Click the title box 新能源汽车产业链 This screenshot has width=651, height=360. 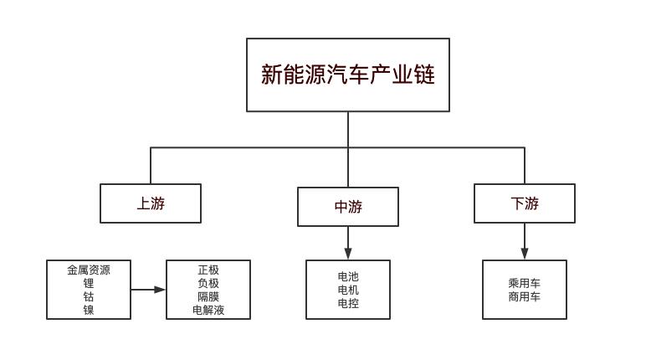pyautogui.click(x=347, y=75)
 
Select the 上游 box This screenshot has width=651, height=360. pyautogui.click(x=151, y=203)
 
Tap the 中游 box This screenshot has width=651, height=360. pyautogui.click(x=348, y=207)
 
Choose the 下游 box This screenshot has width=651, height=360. pyautogui.click(x=525, y=203)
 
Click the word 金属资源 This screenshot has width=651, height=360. pyautogui.click(x=89, y=270)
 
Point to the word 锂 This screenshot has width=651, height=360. pyautogui.click(x=89, y=283)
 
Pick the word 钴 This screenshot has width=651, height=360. pyautogui.click(x=89, y=296)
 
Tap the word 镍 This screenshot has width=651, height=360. pyautogui.click(x=89, y=310)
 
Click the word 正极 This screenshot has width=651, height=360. pyautogui.click(x=208, y=270)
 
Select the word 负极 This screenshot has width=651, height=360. pyautogui.click(x=208, y=283)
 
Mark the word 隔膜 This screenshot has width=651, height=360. pyautogui.click(x=208, y=296)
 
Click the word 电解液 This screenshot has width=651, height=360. pyautogui.click(x=208, y=310)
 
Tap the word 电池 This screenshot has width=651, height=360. pyautogui.click(x=348, y=276)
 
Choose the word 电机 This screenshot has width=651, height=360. pyautogui.click(x=348, y=290)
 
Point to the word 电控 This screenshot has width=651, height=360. pyautogui.click(x=348, y=303)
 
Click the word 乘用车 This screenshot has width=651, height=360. pyautogui.click(x=525, y=283)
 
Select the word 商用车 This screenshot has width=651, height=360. pyautogui.click(x=525, y=296)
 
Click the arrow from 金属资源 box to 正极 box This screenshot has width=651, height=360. pyautogui.click(x=149, y=290)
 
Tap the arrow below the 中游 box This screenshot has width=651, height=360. pyautogui.click(x=348, y=243)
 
